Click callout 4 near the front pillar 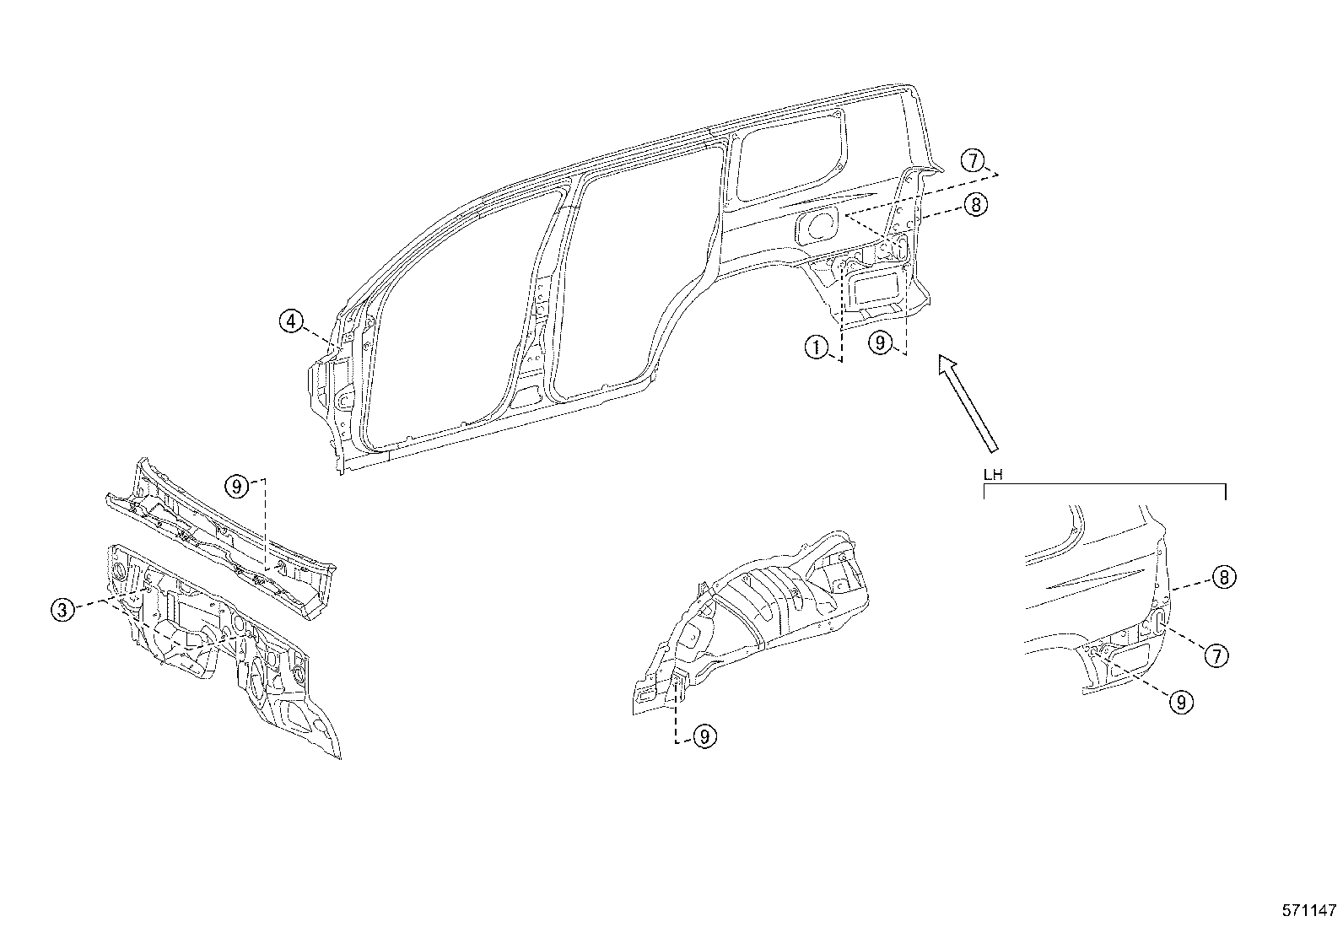click(290, 321)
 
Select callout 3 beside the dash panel click(62, 610)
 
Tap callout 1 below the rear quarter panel click(816, 347)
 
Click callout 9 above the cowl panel click(236, 486)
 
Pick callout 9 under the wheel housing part click(706, 736)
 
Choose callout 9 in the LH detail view click(1181, 702)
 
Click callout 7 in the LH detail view click(1216, 655)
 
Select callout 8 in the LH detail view click(1224, 578)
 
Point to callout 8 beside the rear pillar click(975, 204)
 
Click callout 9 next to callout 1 click(880, 343)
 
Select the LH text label click(993, 475)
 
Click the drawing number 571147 click(1310, 910)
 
